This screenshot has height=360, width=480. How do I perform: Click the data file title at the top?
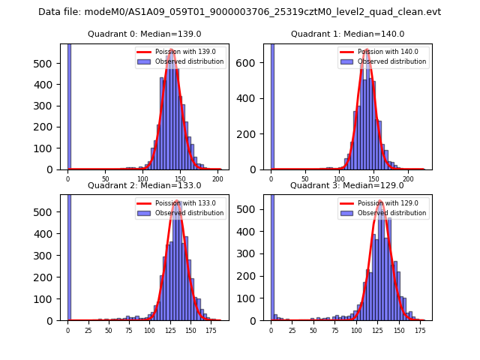pos(239,12)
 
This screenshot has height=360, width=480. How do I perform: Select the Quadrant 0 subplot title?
pos(145,34)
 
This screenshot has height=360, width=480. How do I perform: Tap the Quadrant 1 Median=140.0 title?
pos(347,34)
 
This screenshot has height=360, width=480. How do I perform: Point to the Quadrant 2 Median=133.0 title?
pos(145,185)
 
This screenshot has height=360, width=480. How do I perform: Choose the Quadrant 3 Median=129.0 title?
pos(347,185)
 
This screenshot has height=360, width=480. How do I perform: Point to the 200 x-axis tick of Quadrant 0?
pos(217,180)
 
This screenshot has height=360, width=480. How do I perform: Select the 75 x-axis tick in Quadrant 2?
pos(128,331)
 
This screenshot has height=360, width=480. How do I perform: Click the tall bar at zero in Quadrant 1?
pos(272,105)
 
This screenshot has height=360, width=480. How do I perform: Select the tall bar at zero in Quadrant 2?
pos(69,255)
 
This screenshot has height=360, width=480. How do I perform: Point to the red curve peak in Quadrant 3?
pos(380,201)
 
